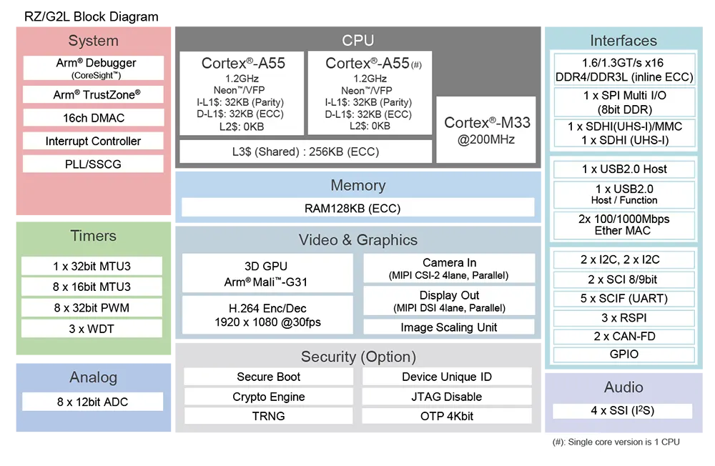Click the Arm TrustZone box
(93, 94)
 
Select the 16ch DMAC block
(93, 118)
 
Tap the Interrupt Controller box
(93, 141)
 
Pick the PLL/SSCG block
(93, 164)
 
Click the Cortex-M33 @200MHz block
(486, 131)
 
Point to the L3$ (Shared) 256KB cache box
(305, 152)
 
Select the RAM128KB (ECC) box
(357, 208)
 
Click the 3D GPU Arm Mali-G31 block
(266, 274)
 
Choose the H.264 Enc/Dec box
(266, 315)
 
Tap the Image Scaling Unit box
(448, 327)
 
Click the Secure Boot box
(269, 377)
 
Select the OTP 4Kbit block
(447, 416)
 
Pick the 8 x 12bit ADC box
(93, 402)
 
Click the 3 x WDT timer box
(92, 329)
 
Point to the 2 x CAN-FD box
(624, 336)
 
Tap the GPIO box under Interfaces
(624, 355)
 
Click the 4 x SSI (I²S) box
(623, 411)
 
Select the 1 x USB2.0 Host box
(624, 169)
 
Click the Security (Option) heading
(358, 357)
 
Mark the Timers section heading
(93, 236)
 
